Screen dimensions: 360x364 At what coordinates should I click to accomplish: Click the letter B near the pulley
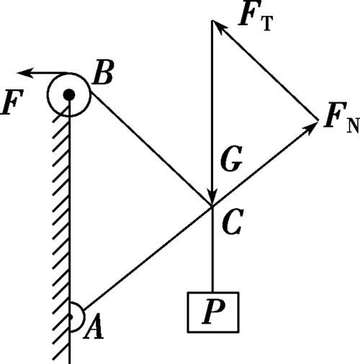pos(103,73)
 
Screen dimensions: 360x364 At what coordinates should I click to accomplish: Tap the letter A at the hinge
pos(94,326)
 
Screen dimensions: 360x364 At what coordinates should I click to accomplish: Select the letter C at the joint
pos(233,221)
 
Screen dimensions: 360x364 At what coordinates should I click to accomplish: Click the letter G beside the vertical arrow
pos(231,159)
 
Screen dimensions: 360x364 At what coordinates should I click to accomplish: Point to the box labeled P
pos(213,312)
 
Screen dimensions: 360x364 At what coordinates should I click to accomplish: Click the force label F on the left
pos(12,102)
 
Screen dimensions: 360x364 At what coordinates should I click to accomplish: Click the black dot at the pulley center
pos(69,94)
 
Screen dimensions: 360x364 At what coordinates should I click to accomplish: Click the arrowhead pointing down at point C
pos(212,197)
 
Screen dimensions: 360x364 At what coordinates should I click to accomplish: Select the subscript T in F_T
pos(268,24)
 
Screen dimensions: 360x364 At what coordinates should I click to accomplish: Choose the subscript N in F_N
pos(353,125)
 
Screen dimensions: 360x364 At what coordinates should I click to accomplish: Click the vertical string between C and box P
pos(212,249)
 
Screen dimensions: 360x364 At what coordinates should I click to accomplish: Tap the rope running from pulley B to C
pos(150,149)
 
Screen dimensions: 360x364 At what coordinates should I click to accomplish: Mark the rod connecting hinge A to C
pos(148,257)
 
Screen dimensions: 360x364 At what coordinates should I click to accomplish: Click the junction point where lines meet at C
pos(212,206)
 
